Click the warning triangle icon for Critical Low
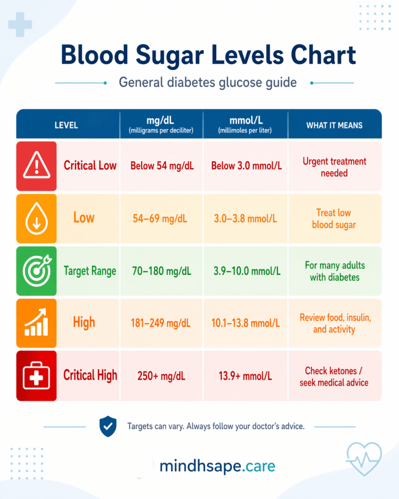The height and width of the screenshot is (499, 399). click(x=37, y=166)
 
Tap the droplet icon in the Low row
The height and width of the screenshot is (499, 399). click(x=37, y=219)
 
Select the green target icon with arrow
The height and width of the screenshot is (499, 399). click(x=37, y=271)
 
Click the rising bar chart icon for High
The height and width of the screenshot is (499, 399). click(x=37, y=323)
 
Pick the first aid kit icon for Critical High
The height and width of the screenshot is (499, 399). click(x=37, y=376)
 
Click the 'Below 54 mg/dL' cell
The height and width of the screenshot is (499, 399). click(x=162, y=166)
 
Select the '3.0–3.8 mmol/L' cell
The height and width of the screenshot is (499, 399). click(x=246, y=218)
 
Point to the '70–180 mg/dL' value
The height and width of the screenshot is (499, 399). click(x=162, y=271)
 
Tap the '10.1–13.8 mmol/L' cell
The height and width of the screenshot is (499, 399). click(x=246, y=323)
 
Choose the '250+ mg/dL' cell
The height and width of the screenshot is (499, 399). click(x=162, y=376)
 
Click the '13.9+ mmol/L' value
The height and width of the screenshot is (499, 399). click(x=246, y=376)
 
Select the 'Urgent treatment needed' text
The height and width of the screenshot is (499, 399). click(x=334, y=167)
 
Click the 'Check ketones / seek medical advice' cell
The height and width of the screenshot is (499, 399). click(x=334, y=377)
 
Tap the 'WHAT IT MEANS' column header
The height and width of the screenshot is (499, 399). click(x=334, y=125)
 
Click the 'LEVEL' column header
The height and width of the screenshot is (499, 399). click(x=66, y=125)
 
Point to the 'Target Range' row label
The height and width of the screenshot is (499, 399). click(x=90, y=271)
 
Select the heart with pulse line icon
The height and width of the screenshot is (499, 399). click(x=364, y=459)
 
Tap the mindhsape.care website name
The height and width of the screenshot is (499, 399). click(x=217, y=466)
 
